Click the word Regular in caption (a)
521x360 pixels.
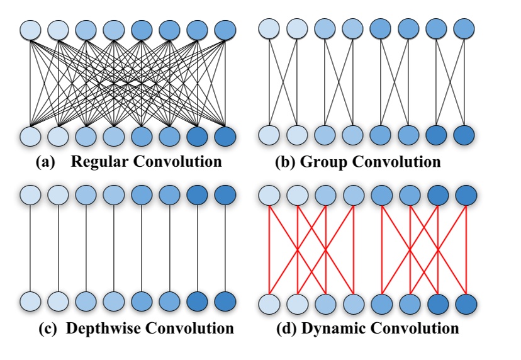pos(98,162)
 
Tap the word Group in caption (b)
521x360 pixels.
pos(323,162)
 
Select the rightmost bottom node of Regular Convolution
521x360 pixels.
pos(225,135)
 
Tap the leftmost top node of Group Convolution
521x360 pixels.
pos(270,29)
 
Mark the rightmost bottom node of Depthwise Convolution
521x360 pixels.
pos(225,301)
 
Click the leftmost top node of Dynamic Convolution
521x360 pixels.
pos(270,196)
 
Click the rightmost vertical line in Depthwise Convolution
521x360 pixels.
pos(225,249)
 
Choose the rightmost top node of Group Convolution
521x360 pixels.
pos(464,29)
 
